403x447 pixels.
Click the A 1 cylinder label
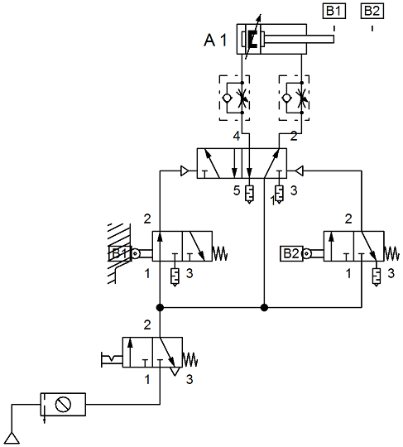(x=215, y=40)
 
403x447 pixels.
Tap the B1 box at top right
(x=334, y=11)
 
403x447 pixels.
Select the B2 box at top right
(x=372, y=11)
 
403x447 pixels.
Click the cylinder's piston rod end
(x=333, y=39)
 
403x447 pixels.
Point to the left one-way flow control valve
(x=234, y=98)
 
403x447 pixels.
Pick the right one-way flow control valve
(x=294, y=98)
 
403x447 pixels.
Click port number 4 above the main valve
(x=237, y=137)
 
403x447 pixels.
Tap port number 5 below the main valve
(x=237, y=190)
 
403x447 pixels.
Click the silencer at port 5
(x=249, y=195)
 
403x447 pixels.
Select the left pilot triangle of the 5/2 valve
(x=185, y=171)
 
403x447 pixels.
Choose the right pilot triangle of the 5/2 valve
(x=299, y=171)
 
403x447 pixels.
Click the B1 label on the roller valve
(x=120, y=253)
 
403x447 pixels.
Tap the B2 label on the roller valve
(x=291, y=253)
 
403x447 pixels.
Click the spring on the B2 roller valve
(x=391, y=253)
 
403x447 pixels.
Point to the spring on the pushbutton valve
(x=190, y=359)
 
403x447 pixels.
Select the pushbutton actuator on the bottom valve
(x=112, y=359)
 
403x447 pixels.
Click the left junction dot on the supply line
(x=160, y=308)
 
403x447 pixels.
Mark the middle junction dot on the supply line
(x=264, y=308)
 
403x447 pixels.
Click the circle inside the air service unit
(x=63, y=404)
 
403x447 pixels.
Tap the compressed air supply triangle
(x=12, y=438)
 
